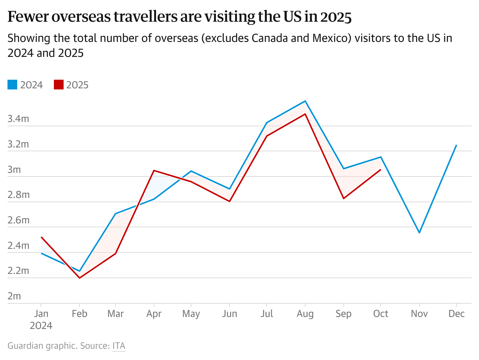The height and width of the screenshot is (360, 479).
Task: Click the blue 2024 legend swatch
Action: coord(12,85)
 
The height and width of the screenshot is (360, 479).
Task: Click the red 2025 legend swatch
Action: coord(59,85)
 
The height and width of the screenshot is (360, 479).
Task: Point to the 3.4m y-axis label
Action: coord(18,119)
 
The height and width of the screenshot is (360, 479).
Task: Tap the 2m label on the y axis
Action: coord(14,296)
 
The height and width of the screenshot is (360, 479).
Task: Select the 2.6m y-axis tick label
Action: coord(18,220)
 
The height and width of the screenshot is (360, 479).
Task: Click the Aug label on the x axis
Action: coord(305,314)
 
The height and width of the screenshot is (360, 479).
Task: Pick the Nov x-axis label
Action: coord(419,314)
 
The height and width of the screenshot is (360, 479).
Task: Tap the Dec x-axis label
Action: coord(457,314)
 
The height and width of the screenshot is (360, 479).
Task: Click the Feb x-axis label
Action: coord(79,314)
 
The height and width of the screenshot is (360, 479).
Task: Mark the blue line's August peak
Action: coord(305,101)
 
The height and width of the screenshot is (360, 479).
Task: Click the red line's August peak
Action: coord(305,114)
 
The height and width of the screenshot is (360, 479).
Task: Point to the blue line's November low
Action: coord(419,233)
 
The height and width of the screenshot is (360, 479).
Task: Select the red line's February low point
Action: coord(79,278)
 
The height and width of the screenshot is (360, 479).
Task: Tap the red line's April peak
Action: coord(154,170)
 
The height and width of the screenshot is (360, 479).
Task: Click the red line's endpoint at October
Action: coord(381,170)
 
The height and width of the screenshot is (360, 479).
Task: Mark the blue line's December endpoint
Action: coord(457,145)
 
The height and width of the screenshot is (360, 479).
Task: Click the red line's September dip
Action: coord(343,198)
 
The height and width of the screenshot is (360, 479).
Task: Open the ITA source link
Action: coord(119,346)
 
